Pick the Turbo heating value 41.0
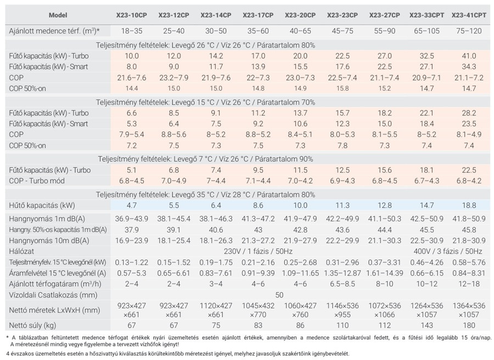[x=469, y=56]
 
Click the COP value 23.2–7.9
[x=174, y=78]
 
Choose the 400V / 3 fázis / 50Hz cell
[x=448, y=250]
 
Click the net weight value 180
[x=469, y=325]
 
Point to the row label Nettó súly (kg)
[x=33, y=325]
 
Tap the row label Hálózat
[x=22, y=250]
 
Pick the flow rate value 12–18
[x=469, y=284]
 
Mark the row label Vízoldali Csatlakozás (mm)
[x=49, y=295]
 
